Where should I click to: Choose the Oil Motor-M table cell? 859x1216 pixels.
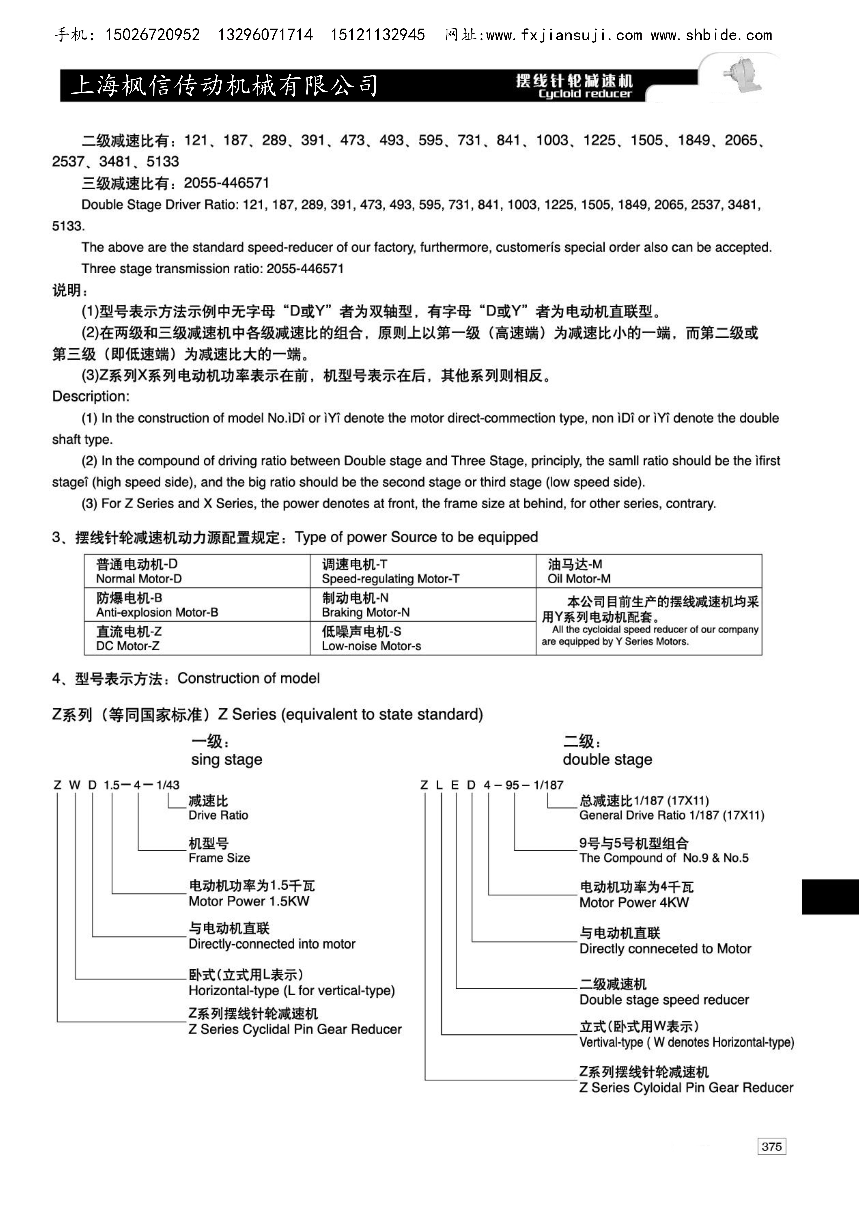pyautogui.click(x=648, y=571)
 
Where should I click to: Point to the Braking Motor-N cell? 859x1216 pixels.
pyautogui.click(x=423, y=605)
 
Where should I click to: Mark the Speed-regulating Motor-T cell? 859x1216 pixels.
pyautogui.click(x=423, y=571)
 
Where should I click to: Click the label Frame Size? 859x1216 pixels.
pyautogui.click(x=219, y=857)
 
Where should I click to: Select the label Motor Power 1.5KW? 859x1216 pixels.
pyautogui.click(x=249, y=901)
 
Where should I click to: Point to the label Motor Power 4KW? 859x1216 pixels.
pyautogui.click(x=634, y=902)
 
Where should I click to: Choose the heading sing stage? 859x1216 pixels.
pyautogui.click(x=227, y=759)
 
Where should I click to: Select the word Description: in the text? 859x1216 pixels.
pyautogui.click(x=91, y=396)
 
